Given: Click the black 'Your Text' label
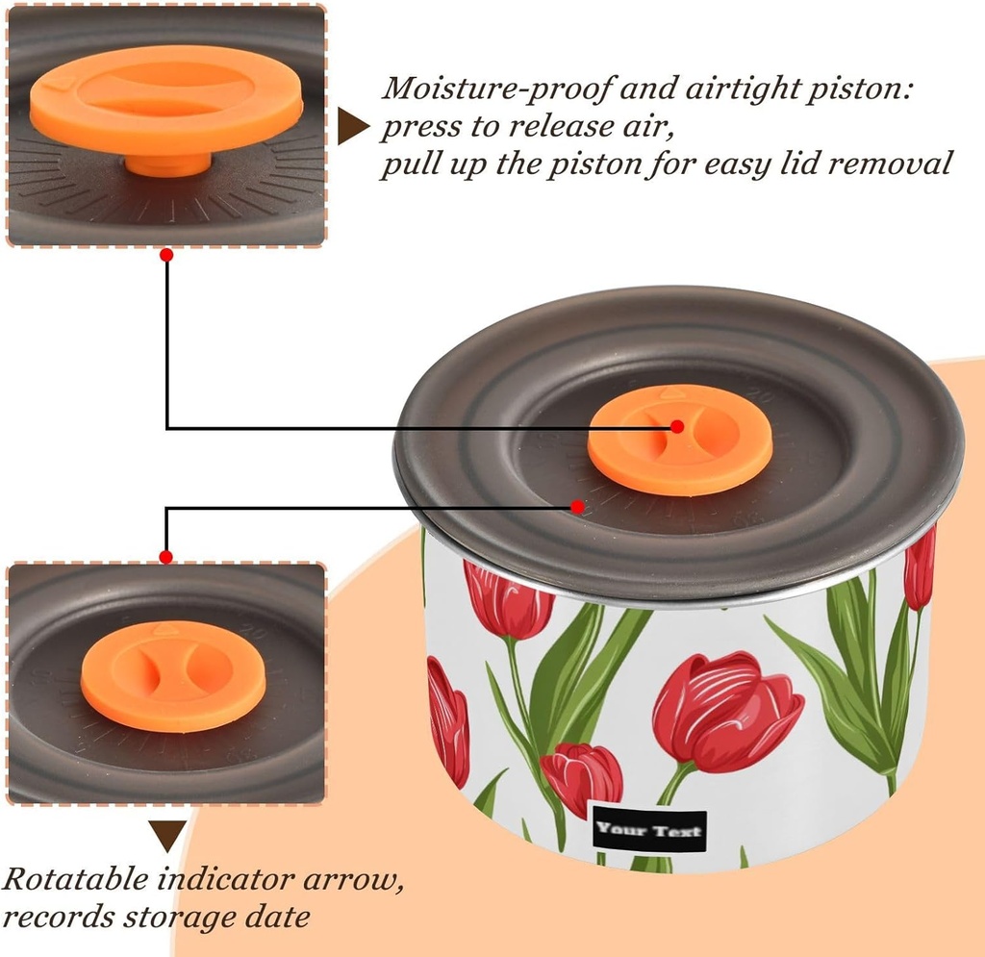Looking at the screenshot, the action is (x=650, y=830).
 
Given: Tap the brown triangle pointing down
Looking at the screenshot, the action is (x=167, y=836).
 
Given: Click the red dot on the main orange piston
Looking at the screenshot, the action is (x=677, y=426).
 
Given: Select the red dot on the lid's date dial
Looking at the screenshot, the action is (x=578, y=506).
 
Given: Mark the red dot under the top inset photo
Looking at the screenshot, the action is (x=166, y=255).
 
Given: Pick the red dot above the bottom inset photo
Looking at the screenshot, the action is (x=166, y=557).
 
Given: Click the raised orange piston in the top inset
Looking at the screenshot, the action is (x=166, y=100).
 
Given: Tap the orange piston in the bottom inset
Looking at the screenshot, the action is (x=173, y=675).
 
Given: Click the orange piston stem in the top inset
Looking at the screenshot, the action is (x=167, y=164).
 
